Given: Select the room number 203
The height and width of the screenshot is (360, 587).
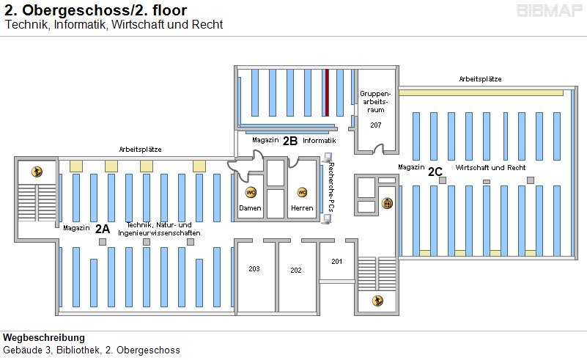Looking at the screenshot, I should tap(254, 269).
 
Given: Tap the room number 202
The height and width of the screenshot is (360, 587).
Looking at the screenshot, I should tap(296, 271).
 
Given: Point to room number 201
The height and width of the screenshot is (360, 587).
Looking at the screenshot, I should tap(336, 261).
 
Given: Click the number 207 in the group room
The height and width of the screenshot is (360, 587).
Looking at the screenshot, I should tap(375, 125).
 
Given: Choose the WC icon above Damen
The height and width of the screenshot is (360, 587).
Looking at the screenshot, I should tap(251, 192).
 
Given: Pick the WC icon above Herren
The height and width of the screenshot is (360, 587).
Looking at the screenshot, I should tap(301, 192).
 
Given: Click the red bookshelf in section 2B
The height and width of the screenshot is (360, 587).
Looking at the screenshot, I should tap(327, 92).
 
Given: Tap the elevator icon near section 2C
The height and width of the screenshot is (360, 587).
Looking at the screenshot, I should tap(388, 203).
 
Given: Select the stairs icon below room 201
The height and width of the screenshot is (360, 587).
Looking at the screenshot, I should tap(377, 299).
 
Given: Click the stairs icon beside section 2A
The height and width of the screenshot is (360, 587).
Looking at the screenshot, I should tap(37, 172).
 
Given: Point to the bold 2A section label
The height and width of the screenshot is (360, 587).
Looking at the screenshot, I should tap(103, 228).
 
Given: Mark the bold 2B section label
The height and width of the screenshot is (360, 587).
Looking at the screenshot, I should tap(290, 140).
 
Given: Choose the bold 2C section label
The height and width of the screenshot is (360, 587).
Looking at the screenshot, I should tap(435, 172).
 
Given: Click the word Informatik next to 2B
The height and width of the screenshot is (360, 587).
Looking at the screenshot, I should tap(319, 140).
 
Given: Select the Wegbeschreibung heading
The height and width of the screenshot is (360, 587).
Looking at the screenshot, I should tap(44, 338).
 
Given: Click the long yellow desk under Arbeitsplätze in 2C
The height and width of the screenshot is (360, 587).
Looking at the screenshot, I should tap(481, 92).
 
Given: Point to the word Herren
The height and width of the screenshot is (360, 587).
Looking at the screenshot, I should tap(302, 208).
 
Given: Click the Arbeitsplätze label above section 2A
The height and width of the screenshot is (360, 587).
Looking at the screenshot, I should tap(141, 149).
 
